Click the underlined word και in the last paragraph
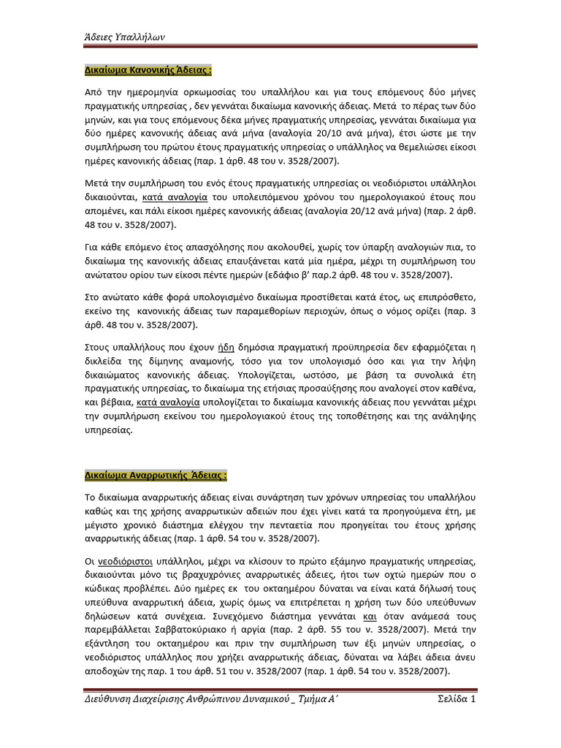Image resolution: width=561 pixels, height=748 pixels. pos(390,616)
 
